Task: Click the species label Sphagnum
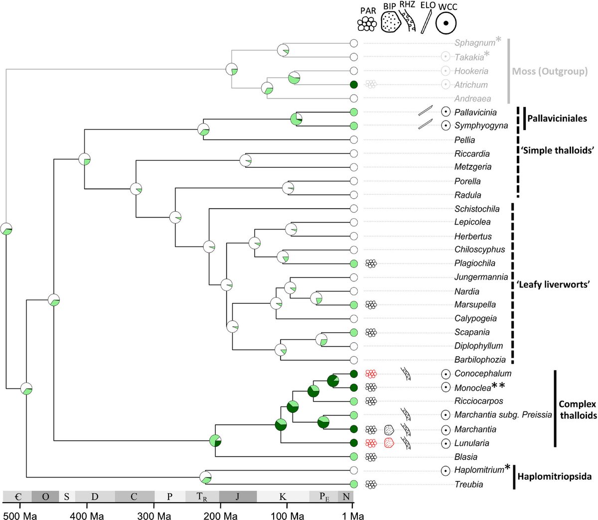[x=474, y=43]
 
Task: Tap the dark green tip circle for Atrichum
[x=354, y=84]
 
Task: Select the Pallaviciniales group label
[x=557, y=119]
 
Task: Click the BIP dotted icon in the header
[x=390, y=22]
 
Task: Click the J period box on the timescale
[x=238, y=497]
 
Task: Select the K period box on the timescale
[x=283, y=497]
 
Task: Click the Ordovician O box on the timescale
[x=45, y=497]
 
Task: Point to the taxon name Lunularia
[x=471, y=443]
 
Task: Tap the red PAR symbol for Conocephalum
[x=370, y=374]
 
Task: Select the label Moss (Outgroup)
[x=550, y=71]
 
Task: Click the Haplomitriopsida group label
[x=555, y=477]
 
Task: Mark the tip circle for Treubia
[x=354, y=484]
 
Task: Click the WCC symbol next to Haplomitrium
[x=446, y=470]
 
